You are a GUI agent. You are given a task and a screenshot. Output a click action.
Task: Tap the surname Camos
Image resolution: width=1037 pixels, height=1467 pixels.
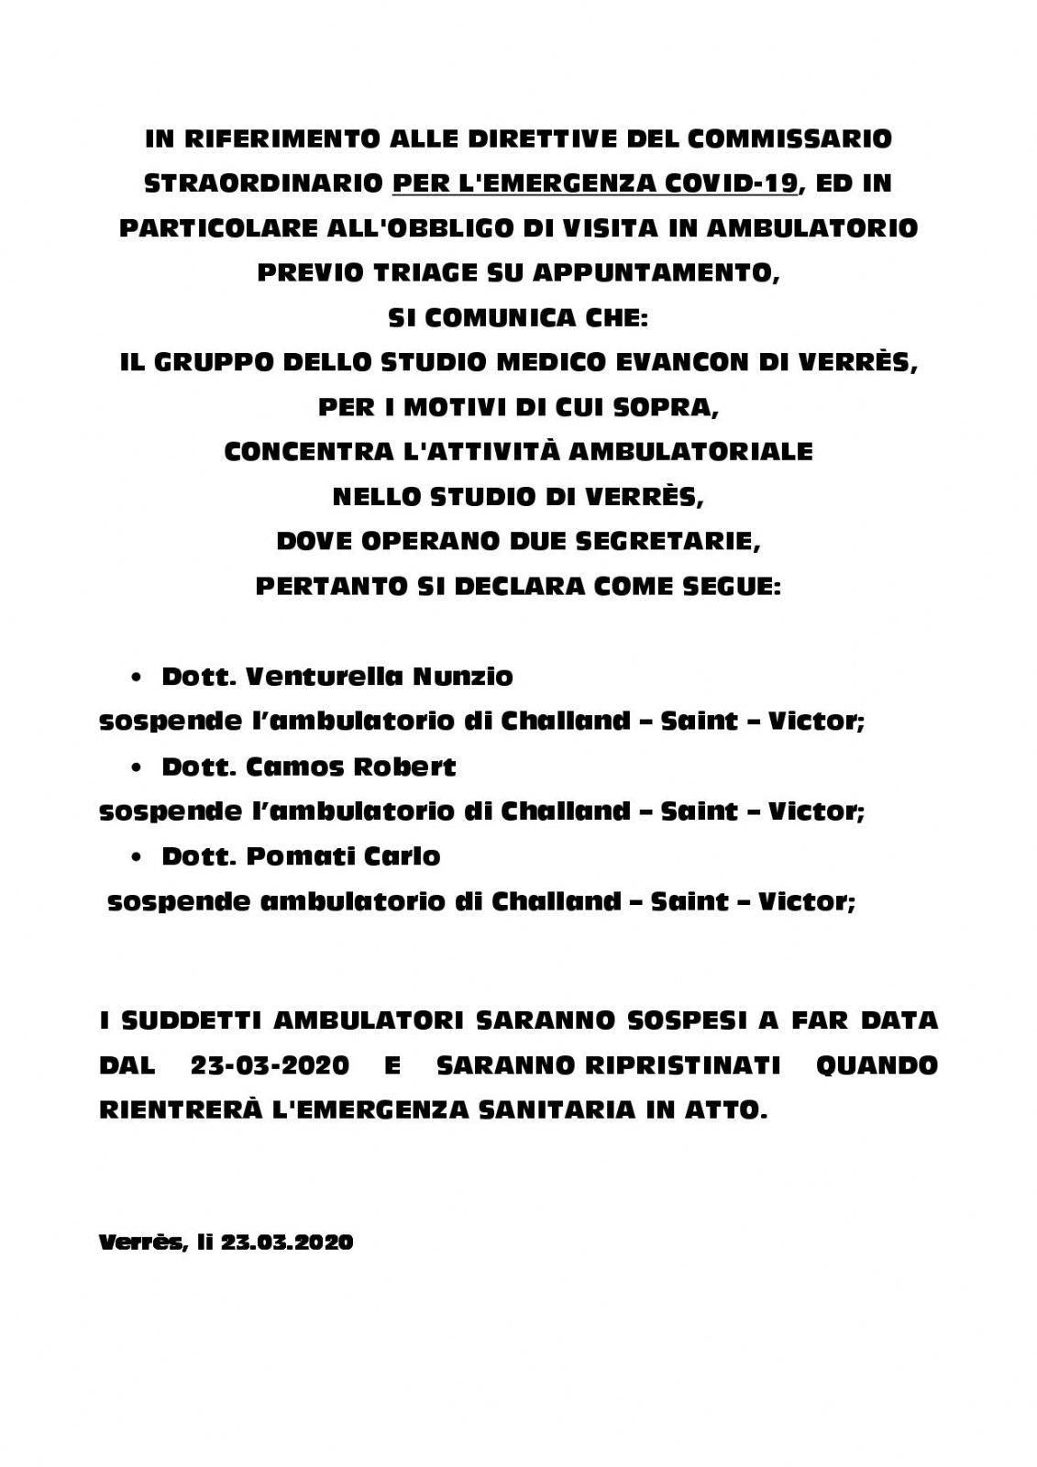[x=294, y=767]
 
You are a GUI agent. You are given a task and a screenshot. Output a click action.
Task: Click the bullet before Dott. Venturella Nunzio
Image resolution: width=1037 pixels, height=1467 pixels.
[x=137, y=678]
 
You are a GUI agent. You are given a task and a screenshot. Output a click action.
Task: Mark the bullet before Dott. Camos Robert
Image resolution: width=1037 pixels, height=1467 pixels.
[x=137, y=767]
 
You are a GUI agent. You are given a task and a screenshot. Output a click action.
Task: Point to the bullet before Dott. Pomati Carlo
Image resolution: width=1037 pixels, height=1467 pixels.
[x=137, y=857]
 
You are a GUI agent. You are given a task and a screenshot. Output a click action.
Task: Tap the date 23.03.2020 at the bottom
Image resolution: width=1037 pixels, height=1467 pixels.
[x=287, y=1242]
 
